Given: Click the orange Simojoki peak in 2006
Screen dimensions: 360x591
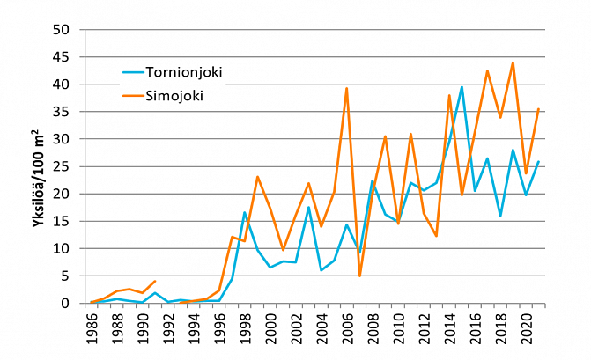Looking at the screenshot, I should coord(347,88).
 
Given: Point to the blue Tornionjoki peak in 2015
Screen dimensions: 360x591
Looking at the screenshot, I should coord(462,87).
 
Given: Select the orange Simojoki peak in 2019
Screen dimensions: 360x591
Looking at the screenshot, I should coord(513,62).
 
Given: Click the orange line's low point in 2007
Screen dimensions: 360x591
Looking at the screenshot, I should coord(359,276).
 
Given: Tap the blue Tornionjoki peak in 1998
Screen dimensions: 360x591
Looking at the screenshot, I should coord(245,212).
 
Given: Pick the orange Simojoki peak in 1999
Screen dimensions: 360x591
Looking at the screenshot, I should coord(257,177).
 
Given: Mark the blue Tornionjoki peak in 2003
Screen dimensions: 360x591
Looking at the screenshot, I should coord(308,207).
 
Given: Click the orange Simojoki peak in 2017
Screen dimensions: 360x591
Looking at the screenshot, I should coord(487,70).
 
